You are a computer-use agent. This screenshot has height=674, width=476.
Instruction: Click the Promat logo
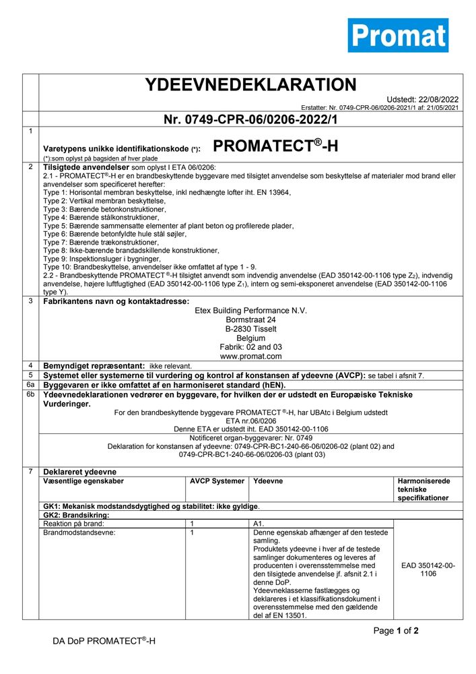[398, 35]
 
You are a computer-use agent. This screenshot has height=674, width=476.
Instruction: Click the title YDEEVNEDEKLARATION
[250, 85]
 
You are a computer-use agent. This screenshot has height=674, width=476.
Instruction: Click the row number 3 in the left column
[30, 301]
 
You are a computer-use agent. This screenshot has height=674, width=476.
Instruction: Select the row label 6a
[30, 384]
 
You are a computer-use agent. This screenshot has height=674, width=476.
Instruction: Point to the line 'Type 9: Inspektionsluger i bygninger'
[102, 258]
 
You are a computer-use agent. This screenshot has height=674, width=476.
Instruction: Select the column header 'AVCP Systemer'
[217, 481]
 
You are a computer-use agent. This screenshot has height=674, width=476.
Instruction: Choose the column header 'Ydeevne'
[267, 481]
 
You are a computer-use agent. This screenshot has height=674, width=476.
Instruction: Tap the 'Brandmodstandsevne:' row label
[79, 532]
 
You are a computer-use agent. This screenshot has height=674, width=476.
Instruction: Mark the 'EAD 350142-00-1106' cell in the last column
[428, 570]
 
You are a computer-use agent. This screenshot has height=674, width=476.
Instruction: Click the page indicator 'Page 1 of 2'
[397, 631]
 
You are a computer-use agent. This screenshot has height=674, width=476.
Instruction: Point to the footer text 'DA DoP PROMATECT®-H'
[104, 641]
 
